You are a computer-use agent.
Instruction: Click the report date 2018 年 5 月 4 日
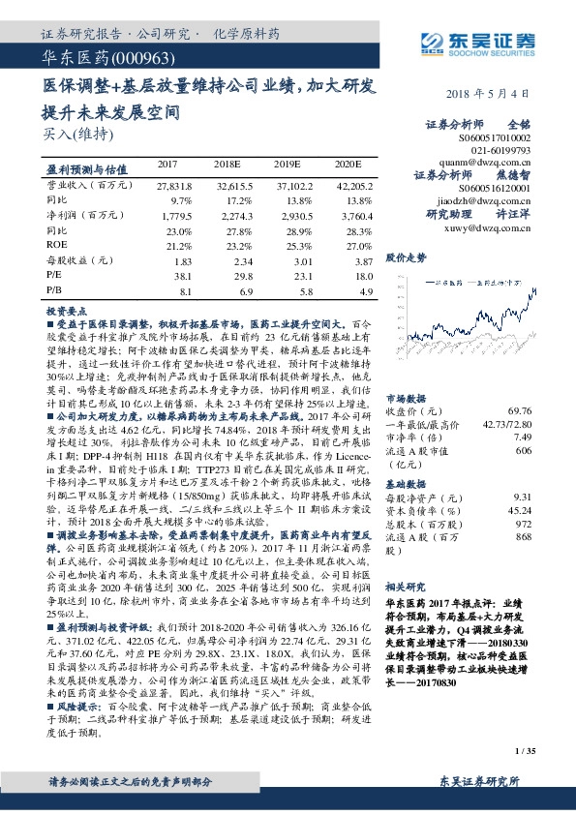pyautogui.click(x=489, y=94)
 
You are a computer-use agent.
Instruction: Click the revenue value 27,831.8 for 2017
pyautogui.click(x=175, y=184)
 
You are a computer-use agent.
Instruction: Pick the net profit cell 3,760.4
pyautogui.click(x=354, y=216)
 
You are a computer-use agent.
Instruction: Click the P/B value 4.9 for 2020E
pyautogui.click(x=365, y=290)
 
